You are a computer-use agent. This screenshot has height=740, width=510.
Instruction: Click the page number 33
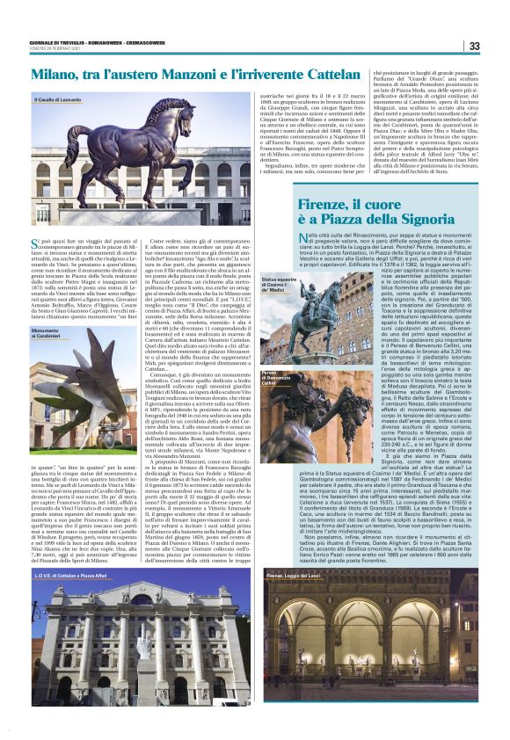pos(474,47)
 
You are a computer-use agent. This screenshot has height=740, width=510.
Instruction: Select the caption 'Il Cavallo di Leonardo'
pos(60,100)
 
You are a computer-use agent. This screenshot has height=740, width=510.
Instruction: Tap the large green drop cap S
pos(36,243)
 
